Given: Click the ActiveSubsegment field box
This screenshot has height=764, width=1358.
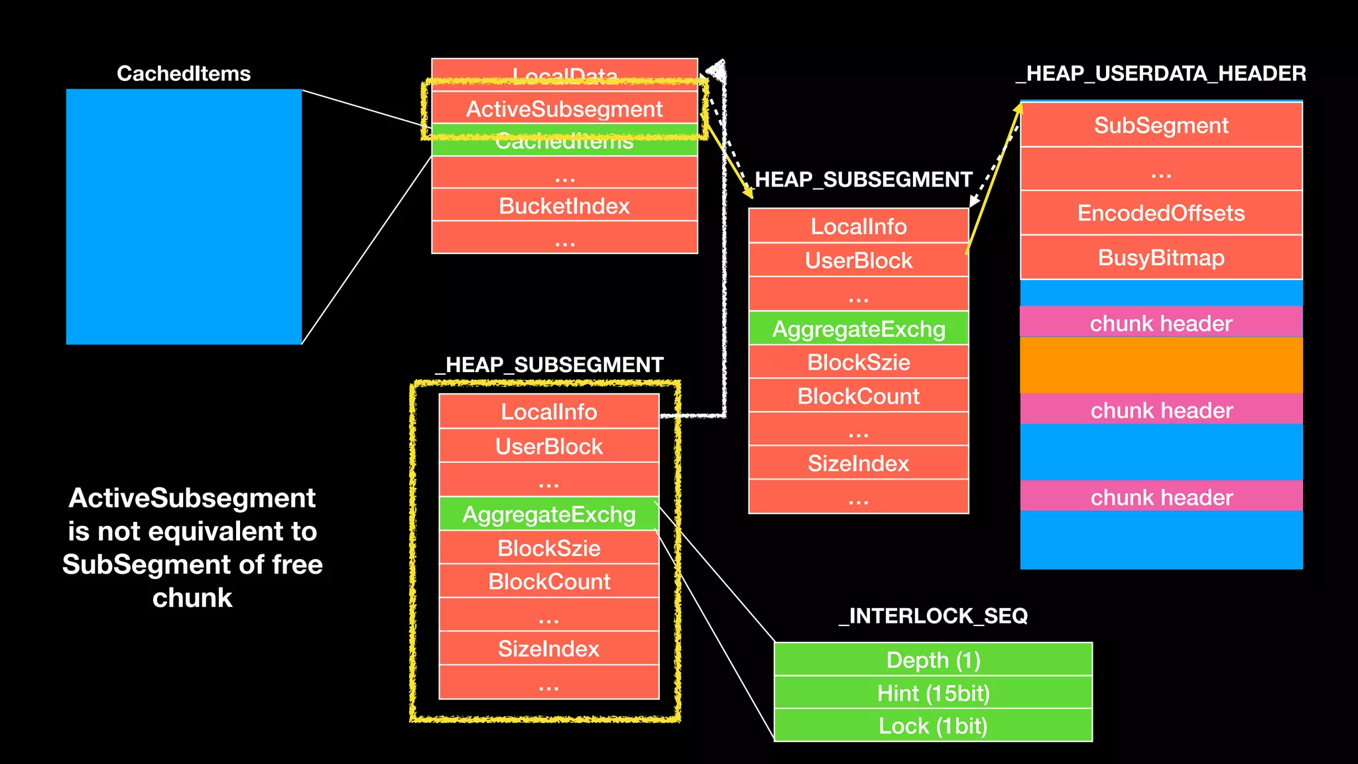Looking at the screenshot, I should tap(564, 109).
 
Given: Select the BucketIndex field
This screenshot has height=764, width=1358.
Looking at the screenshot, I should tap(564, 206).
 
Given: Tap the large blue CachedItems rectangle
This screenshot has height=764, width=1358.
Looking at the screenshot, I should tap(184, 217).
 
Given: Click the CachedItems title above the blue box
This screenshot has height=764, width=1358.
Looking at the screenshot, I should tap(184, 74).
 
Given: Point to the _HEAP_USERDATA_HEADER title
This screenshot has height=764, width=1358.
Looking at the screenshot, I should tap(1161, 74).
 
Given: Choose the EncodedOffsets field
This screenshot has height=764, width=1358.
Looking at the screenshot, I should tap(1161, 213).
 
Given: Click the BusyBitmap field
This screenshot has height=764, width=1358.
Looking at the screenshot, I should tap(1161, 257).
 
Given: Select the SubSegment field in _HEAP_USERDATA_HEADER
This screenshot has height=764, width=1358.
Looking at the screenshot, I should tap(1161, 125).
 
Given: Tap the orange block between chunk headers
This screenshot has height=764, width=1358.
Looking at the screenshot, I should tap(1161, 365).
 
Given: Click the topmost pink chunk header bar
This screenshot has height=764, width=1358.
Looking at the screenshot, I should tap(1161, 323).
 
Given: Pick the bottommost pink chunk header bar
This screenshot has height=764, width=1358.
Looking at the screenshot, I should tap(1161, 497).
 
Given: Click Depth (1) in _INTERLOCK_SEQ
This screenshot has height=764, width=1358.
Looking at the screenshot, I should tap(933, 660).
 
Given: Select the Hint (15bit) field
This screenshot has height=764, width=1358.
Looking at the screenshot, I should tap(933, 693).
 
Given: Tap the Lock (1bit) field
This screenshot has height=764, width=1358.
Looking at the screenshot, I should tap(933, 726).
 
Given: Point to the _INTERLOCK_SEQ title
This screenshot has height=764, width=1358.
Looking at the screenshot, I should tap(933, 616).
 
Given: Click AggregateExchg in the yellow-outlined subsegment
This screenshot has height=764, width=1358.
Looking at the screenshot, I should tap(549, 515).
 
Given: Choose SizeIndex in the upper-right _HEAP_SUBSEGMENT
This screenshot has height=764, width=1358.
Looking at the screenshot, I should tap(858, 463).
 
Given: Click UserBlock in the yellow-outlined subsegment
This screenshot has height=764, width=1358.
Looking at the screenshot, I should tap(549, 446).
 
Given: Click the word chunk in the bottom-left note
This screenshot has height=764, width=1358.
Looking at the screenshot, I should tap(192, 598).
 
